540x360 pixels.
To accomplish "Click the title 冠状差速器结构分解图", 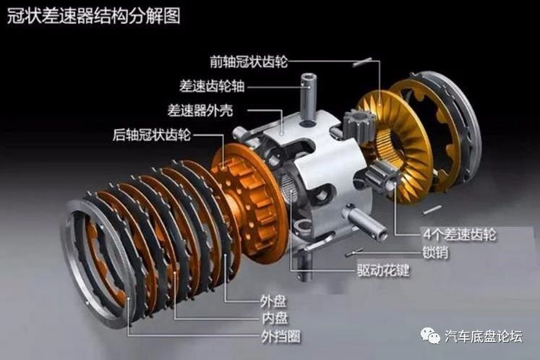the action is click(x=94, y=16).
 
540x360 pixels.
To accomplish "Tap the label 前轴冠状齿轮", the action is click(x=249, y=61).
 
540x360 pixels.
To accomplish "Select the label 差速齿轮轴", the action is click(x=212, y=86).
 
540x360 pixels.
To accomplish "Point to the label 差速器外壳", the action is click(x=200, y=111).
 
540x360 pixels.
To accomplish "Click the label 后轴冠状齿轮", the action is click(x=152, y=134).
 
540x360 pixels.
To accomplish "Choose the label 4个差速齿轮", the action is click(x=460, y=235).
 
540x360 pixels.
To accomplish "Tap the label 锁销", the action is click(x=435, y=252).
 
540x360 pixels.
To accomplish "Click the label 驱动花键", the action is click(x=383, y=270).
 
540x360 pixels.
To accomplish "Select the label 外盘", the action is click(x=273, y=301).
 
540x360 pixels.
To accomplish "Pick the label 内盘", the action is click(x=275, y=318).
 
